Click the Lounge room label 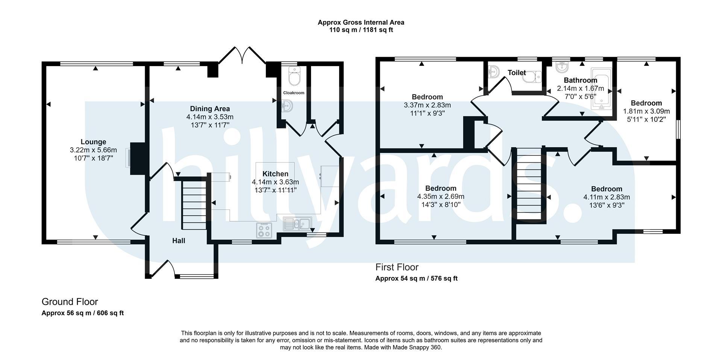[x=93, y=142]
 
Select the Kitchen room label [x=275, y=174]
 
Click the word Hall [x=179, y=241]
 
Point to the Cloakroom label [x=294, y=93]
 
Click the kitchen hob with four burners [x=264, y=230]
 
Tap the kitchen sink [x=297, y=224]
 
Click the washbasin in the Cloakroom [x=287, y=106]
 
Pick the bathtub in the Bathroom [x=602, y=89]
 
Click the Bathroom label [x=581, y=80]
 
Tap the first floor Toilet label [x=517, y=73]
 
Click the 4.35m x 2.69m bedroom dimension [x=441, y=197]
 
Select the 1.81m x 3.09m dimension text [x=646, y=111]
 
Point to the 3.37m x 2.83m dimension [x=427, y=105]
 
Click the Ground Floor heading [x=70, y=302]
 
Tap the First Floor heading [x=397, y=267]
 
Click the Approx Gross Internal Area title [x=361, y=23]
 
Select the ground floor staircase [x=194, y=205]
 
